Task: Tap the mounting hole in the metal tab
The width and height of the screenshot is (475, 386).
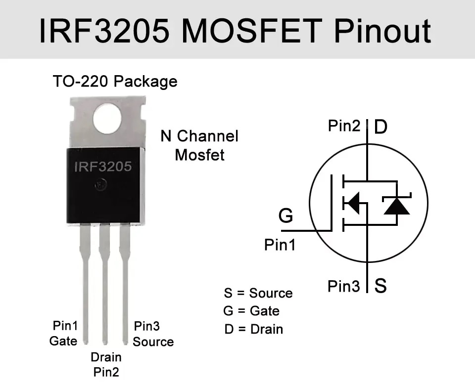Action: [x=107, y=119]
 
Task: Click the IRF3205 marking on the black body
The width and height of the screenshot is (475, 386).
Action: [x=103, y=167]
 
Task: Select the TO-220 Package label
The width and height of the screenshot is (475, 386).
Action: [x=115, y=81]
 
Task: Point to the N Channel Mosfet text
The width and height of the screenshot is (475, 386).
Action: [x=199, y=145]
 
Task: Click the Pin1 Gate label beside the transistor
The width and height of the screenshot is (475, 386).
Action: [x=64, y=333]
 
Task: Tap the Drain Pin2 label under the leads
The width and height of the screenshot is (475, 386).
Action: [x=106, y=364]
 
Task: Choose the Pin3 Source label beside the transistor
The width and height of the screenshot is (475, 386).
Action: [x=152, y=334]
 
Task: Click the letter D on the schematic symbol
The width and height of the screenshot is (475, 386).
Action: [x=380, y=127]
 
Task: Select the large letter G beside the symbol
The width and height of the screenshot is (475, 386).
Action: [x=285, y=216]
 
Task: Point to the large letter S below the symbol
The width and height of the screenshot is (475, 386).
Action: [x=380, y=286]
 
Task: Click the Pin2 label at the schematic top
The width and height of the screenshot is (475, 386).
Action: [x=344, y=126]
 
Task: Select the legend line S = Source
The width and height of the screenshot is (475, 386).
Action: [x=258, y=293]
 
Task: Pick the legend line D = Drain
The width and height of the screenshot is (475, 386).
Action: [x=253, y=329]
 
